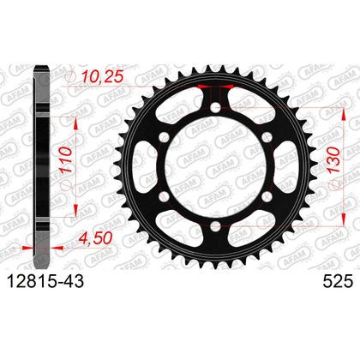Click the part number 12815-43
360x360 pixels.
[x=45, y=282]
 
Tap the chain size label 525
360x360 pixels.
[x=338, y=282]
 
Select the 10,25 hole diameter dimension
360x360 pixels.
[x=102, y=77]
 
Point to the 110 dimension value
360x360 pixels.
[x=65, y=159]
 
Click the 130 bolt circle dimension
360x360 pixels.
[x=334, y=160]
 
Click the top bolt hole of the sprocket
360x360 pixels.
[x=216, y=108]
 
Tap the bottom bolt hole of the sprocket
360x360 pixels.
[x=216, y=227]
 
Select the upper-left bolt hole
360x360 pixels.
[x=165, y=137]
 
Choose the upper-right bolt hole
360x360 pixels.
[x=267, y=137]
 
